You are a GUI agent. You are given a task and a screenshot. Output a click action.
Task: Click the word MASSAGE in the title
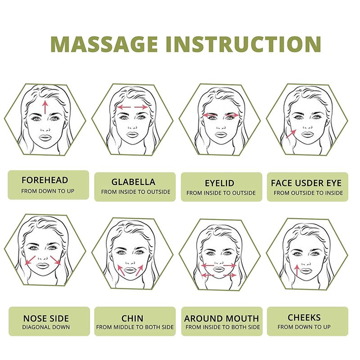pos(104,44)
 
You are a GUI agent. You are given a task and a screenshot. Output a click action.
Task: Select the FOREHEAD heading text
pos(45,180)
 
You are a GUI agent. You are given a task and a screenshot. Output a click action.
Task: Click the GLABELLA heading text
pos(133,182)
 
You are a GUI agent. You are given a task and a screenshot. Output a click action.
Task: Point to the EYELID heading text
pos(220,183)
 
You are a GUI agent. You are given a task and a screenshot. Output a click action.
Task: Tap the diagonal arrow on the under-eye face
pos(291,134)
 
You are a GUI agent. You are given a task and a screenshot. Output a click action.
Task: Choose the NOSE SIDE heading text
pos(46,319)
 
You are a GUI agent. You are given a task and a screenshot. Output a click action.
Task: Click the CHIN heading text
pos(132,319)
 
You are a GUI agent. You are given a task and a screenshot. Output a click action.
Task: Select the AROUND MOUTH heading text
pos(221,319)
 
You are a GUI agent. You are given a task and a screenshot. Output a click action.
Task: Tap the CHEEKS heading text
pos(304,318)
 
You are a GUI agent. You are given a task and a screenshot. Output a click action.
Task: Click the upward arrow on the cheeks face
pos(297,270)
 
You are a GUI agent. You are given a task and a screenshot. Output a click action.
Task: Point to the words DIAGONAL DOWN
pos(46,327)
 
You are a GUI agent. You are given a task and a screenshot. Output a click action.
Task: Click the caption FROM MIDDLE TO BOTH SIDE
pos(135,327)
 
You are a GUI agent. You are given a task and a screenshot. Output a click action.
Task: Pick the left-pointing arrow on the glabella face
pos(124,107)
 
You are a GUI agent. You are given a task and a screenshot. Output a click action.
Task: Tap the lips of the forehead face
pos(45,138)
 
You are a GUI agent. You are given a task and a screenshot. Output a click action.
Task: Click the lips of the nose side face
pos(42,265)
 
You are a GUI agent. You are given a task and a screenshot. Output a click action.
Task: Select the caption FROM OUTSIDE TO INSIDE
pos(308,193)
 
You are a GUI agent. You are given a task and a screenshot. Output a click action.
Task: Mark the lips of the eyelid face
pos(221,135)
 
